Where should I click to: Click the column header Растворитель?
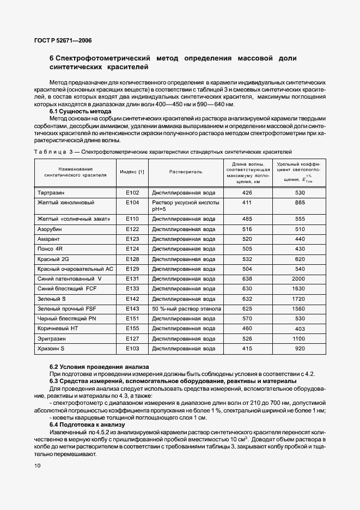(186, 172)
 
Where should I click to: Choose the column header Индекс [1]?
(132, 172)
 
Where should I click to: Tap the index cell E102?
(132, 193)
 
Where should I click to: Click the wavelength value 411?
(247, 202)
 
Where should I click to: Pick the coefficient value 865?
(299, 202)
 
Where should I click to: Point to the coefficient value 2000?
(299, 278)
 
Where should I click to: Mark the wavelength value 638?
(247, 278)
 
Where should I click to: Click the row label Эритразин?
(51, 338)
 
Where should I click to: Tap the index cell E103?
(132, 348)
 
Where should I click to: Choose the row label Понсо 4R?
(50, 248)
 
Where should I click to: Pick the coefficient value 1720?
(299, 299)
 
